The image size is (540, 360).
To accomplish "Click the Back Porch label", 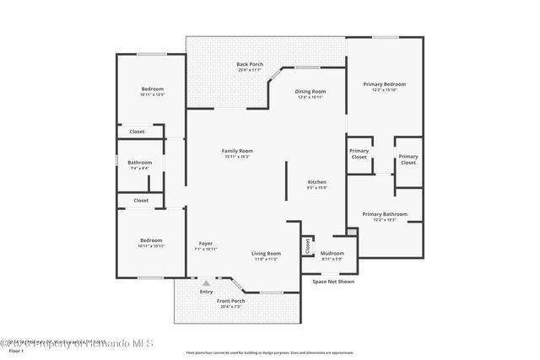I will pyautogui.click(x=249, y=65).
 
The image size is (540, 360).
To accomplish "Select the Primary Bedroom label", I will pyautogui.click(x=384, y=84).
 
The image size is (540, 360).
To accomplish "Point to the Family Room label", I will pyautogui.click(x=237, y=151).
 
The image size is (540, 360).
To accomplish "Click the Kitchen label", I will pyautogui.click(x=316, y=182).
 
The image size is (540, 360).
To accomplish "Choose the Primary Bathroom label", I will pyautogui.click(x=384, y=214).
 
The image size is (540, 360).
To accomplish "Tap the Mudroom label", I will pyautogui.click(x=332, y=253).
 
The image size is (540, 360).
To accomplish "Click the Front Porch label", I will pyautogui.click(x=231, y=301).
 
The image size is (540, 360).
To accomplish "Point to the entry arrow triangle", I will pyautogui.click(x=204, y=283).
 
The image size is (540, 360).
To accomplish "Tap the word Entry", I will pyautogui.click(x=206, y=292).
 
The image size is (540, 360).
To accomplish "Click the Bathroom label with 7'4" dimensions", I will pyautogui.click(x=140, y=163).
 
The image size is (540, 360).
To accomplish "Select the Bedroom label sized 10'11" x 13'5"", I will pyautogui.click(x=152, y=89).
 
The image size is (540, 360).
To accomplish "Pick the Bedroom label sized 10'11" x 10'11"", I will pyautogui.click(x=152, y=241).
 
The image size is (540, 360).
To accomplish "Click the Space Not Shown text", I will pyautogui.click(x=333, y=282).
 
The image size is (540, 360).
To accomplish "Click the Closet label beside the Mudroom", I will pyautogui.click(x=306, y=246).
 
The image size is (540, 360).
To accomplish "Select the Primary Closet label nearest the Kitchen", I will pyautogui.click(x=359, y=153).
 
